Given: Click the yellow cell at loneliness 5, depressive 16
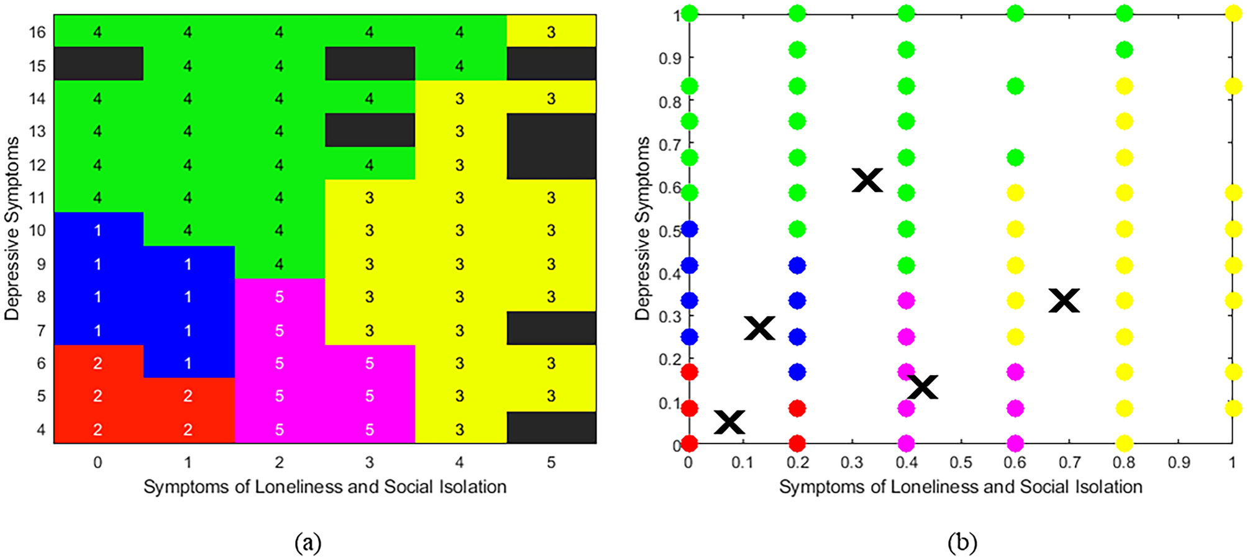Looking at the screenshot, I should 551,32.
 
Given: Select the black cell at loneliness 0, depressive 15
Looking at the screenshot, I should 98,64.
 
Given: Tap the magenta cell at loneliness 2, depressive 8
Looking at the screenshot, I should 279,297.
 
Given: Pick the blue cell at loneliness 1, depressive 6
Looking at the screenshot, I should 188,363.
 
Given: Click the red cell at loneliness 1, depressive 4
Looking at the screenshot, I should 188,429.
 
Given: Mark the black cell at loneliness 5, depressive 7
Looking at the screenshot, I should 551,329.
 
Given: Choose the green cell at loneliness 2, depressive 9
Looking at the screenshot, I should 279,263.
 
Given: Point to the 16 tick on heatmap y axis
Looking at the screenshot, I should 37,32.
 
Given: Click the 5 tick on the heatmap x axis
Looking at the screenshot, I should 551,462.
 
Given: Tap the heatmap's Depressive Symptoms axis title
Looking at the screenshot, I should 12,229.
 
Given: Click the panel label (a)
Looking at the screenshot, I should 308,543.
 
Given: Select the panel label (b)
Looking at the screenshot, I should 962,543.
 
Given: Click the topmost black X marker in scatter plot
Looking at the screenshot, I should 867,180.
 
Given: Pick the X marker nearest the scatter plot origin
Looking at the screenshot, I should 729,422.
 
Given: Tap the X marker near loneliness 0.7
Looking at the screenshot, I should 1064,301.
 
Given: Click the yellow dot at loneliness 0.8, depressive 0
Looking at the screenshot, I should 1124,443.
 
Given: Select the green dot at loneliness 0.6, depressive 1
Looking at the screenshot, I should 1015,13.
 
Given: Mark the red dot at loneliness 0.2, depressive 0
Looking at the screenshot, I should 798,443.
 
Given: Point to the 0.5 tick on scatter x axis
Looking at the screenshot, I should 961,462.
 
